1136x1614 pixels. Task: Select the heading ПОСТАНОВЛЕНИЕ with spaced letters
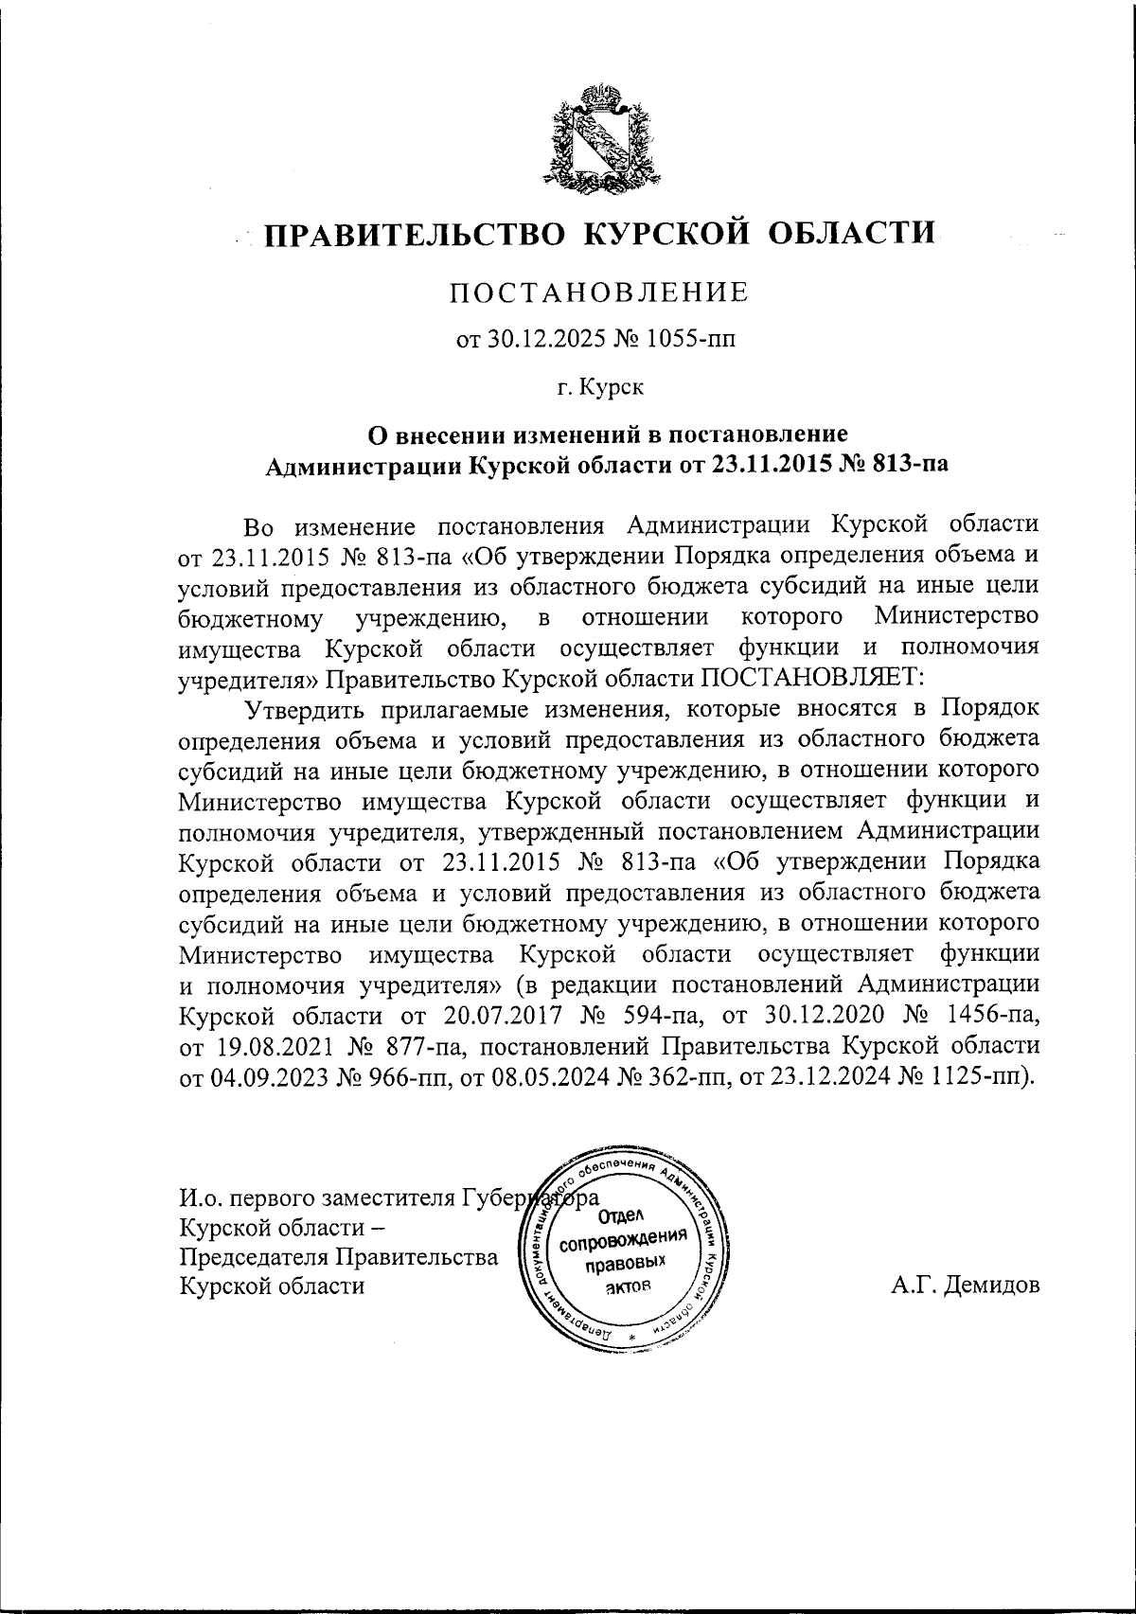coord(598,292)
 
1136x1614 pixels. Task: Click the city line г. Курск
coord(599,386)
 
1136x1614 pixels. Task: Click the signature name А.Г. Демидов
coord(965,1286)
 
